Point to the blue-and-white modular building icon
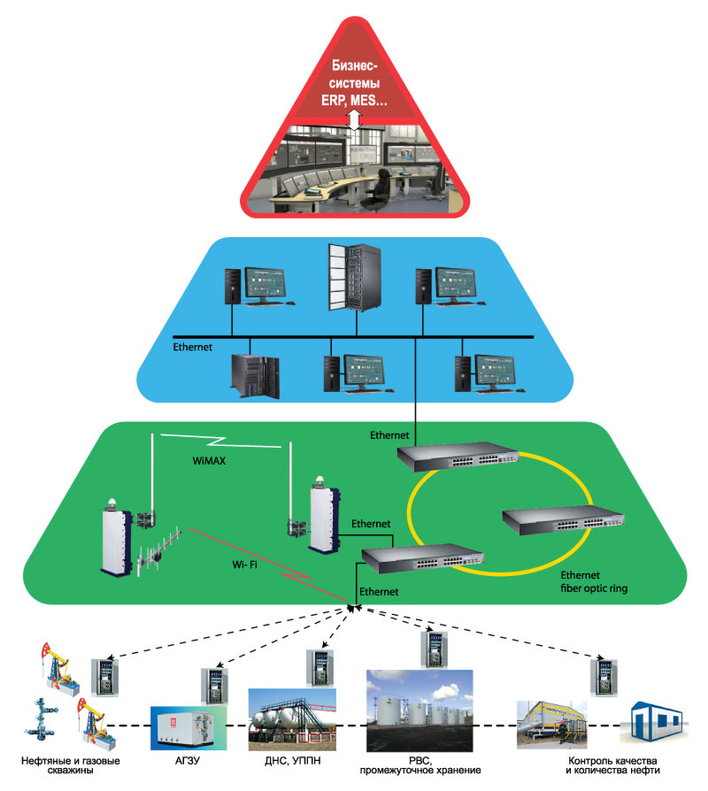[660, 725]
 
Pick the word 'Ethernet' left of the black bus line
[193, 348]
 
